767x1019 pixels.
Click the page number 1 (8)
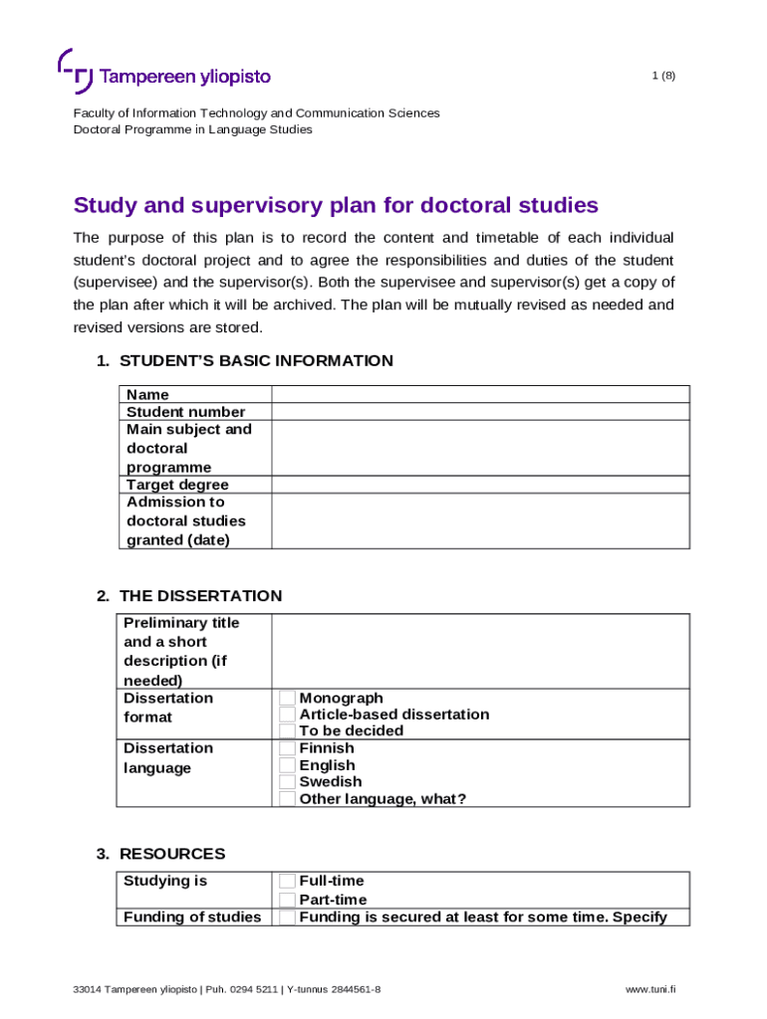pos(663,76)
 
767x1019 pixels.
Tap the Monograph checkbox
pos(287,699)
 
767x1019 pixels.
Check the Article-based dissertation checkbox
pos(287,714)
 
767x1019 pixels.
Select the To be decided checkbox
pos(287,730)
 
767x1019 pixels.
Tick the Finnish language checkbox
pos(287,748)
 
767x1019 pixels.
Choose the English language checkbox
pos(287,765)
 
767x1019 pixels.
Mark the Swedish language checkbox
pos(287,781)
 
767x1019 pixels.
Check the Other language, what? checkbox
pos(287,798)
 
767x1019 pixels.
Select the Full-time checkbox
pos(287,881)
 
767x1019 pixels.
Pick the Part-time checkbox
pos(287,900)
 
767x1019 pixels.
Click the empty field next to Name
pos(479,394)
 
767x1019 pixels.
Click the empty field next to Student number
pos(479,412)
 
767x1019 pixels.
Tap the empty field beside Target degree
pos(479,485)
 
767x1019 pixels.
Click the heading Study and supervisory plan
pos(336,206)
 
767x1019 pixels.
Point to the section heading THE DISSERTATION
pos(200,596)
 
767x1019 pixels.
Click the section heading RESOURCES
pos(172,854)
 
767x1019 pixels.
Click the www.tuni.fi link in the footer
pos(650,990)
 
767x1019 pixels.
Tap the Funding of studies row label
pos(192,917)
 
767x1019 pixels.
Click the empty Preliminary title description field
pos(479,651)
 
